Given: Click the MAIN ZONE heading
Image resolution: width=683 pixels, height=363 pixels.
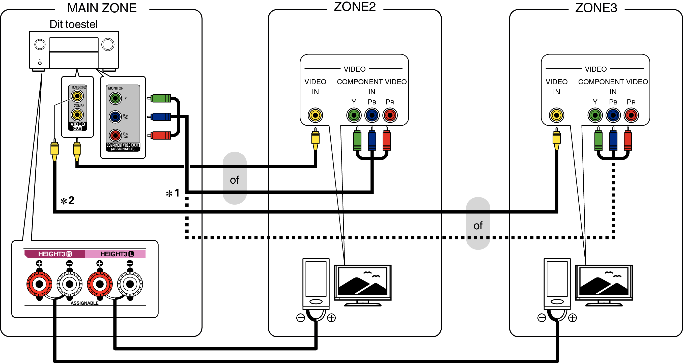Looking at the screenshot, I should click(102, 8).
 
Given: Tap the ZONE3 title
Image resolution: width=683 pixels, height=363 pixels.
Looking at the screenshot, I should click(596, 8).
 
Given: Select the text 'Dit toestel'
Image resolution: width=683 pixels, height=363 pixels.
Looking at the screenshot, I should click(73, 24).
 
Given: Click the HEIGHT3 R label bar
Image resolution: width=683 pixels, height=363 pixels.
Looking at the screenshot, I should click(55, 254).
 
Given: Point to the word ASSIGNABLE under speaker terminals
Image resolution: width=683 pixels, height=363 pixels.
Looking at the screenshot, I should click(84, 303).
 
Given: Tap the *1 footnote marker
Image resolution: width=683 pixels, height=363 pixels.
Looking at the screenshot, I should click(173, 193).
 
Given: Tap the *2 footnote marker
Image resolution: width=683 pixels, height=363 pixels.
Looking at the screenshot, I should click(67, 201).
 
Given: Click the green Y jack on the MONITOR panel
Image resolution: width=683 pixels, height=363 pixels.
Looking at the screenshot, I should click(115, 99).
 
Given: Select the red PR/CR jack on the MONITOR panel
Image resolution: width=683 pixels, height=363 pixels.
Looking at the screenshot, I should click(115, 135).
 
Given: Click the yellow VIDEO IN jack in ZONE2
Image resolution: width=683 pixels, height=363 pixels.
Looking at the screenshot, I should click(315, 115).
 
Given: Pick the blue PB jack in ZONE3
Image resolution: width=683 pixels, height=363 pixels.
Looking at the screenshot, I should click(613, 115).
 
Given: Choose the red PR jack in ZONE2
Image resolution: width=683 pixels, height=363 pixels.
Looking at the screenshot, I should click(389, 115).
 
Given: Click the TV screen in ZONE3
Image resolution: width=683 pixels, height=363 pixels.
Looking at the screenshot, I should click(604, 282).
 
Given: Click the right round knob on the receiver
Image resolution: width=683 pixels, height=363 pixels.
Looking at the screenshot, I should click(108, 45).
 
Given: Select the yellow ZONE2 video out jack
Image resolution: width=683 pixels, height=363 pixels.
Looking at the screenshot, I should click(77, 115).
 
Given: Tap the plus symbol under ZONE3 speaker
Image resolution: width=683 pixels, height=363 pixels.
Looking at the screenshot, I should click(573, 318).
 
